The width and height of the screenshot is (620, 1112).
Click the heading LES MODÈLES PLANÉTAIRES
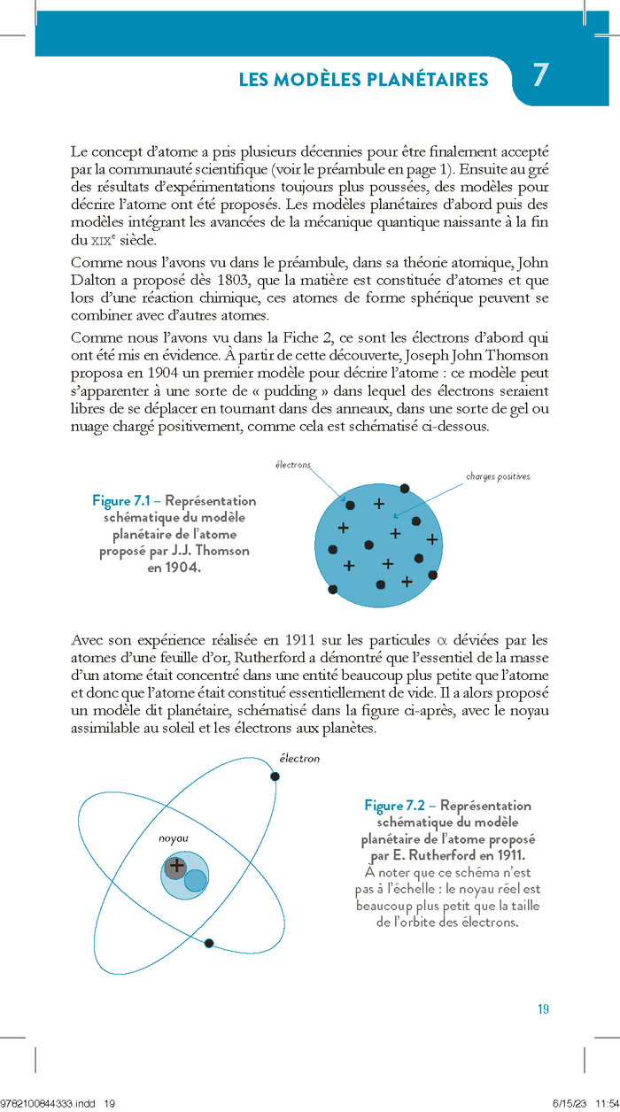363,81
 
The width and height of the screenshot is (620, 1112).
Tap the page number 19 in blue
544,1009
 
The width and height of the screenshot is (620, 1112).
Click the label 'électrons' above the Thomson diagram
293,465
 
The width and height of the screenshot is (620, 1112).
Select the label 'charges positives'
498,476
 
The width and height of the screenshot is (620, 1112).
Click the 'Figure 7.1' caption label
124,501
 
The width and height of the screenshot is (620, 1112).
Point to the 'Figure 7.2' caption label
395,806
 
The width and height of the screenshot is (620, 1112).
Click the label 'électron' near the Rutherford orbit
299,759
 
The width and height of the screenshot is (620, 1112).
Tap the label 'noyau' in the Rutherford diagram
174,838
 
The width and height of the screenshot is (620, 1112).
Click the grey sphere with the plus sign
175,866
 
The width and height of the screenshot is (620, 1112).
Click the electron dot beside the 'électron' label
275,776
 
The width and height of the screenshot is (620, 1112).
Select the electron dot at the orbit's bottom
209,944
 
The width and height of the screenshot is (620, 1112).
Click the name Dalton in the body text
93,281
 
